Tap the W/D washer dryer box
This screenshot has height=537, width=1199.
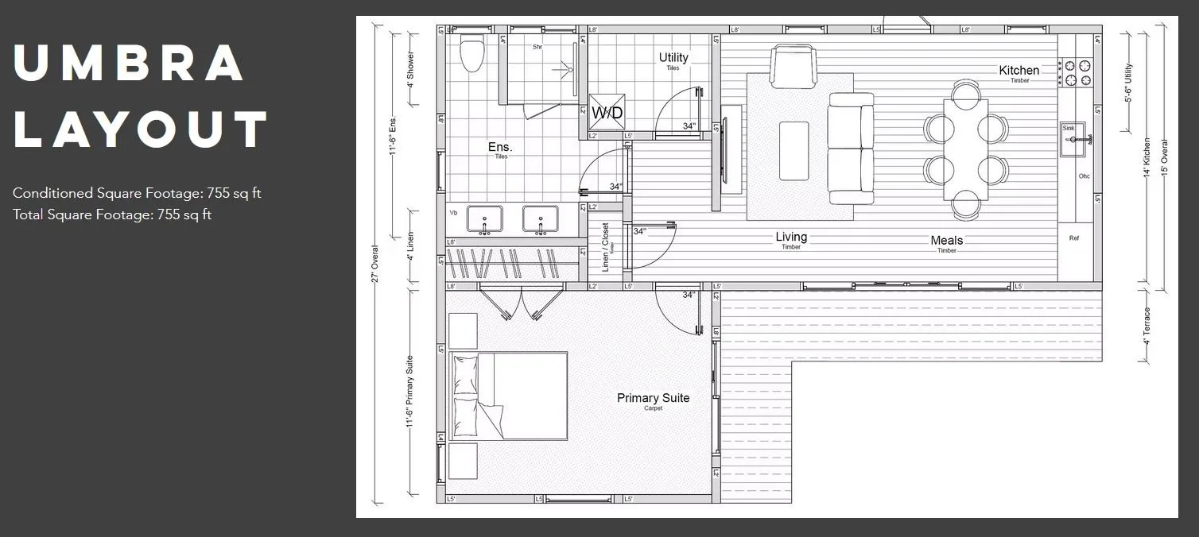click(607, 113)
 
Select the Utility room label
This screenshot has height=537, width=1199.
click(673, 57)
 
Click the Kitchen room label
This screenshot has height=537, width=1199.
click(1019, 71)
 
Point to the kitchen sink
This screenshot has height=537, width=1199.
click(1077, 139)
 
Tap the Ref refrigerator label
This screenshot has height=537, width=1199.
click(1074, 238)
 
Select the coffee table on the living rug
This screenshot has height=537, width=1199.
click(794, 151)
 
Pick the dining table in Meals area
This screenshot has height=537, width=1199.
click(965, 149)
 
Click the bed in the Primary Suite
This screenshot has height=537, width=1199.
click(509, 396)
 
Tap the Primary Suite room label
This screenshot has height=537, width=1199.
click(653, 398)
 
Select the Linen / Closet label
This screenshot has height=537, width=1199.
click(606, 247)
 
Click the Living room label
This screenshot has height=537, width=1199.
click(791, 237)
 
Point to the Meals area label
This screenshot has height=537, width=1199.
click(946, 240)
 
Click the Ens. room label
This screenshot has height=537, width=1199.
click(500, 147)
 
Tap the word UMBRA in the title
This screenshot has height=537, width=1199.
click(129, 64)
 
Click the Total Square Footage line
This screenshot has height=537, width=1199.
click(112, 214)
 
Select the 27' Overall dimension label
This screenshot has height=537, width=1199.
click(375, 265)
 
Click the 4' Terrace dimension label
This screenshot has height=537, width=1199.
click(1147, 325)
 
